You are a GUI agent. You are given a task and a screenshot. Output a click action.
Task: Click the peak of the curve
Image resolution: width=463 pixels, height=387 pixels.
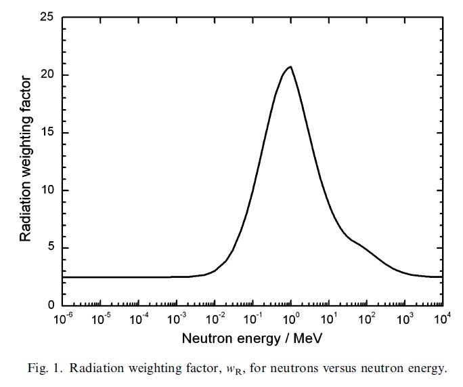(290, 67)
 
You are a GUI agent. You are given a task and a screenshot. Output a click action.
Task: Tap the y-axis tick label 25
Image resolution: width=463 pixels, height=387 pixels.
(47, 17)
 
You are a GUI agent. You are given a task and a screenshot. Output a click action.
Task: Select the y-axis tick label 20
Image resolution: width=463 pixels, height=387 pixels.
(47, 75)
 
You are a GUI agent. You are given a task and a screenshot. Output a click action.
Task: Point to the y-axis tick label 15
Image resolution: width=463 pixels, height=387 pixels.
(47, 133)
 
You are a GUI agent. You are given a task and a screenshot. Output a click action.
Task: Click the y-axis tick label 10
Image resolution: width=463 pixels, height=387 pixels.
(47, 190)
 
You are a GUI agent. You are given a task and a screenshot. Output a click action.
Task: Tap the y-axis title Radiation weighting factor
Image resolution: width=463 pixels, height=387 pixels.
(26, 160)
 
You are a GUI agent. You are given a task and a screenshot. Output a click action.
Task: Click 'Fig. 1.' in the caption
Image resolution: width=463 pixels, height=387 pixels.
(45, 369)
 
